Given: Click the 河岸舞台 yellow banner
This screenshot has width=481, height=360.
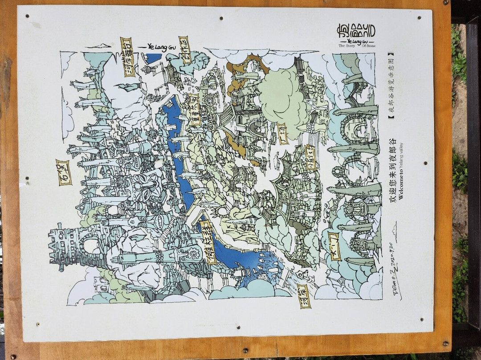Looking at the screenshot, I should click(x=128, y=57).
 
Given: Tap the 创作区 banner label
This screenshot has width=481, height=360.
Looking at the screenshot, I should click(x=185, y=50).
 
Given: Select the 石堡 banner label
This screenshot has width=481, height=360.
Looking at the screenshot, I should click(x=64, y=172).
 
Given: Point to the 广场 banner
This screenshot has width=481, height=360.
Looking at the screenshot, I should click(x=283, y=134).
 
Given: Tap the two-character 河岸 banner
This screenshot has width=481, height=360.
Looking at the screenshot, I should click(x=305, y=296).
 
